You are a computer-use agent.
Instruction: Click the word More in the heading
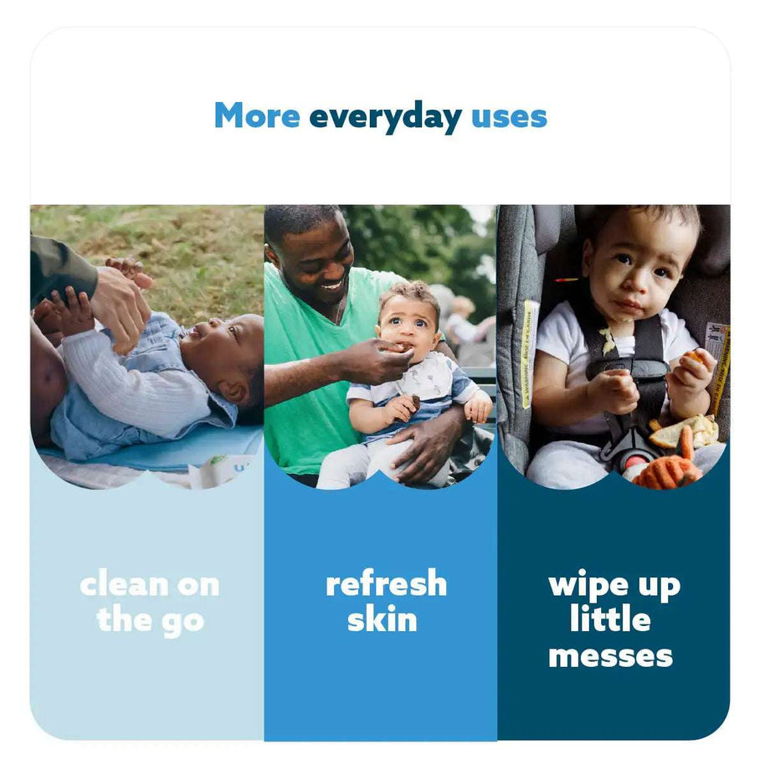(256, 116)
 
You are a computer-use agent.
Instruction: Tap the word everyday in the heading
(384, 117)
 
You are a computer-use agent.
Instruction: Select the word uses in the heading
(509, 116)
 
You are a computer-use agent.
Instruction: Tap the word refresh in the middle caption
(386, 584)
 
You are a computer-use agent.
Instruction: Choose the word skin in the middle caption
(382, 620)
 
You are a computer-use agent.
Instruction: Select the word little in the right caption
(610, 620)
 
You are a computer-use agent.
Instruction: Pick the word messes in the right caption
(610, 655)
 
